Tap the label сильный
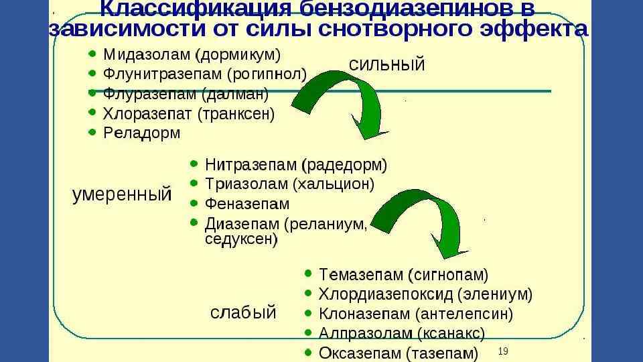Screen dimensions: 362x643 [387, 64]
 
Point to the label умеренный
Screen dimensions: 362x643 [121, 195]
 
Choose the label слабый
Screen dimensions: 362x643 [243, 312]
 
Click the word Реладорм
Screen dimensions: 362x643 [141, 133]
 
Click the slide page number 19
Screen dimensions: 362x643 [504, 351]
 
